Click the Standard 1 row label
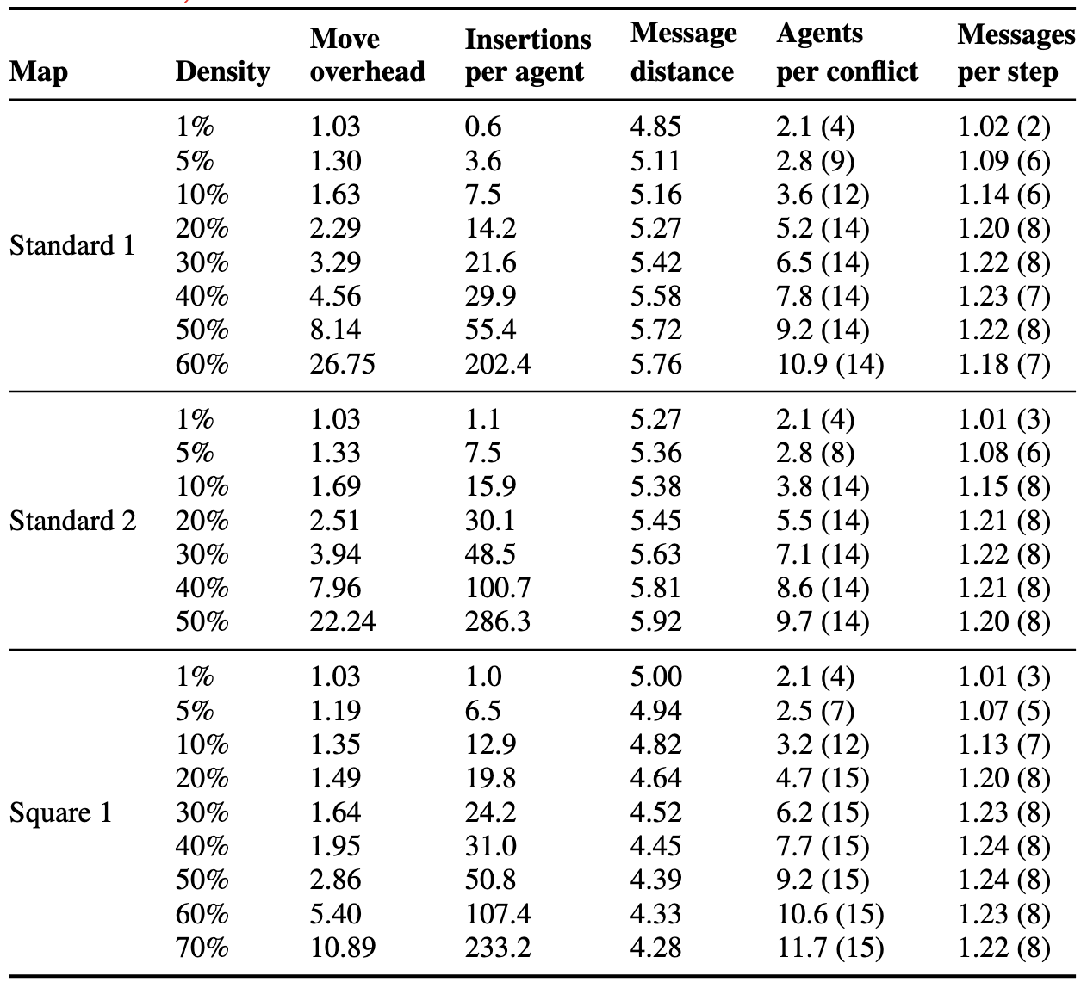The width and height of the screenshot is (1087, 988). (72, 245)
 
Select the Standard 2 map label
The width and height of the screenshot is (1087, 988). (72, 521)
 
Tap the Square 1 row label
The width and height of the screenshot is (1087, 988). (60, 812)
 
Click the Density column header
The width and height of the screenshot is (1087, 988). (223, 72)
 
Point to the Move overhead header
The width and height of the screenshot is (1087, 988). (368, 55)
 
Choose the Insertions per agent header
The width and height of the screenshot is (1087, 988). (528, 56)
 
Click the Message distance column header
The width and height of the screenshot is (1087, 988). (683, 52)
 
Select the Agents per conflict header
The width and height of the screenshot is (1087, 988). (847, 53)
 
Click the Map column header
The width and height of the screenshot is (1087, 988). (39, 72)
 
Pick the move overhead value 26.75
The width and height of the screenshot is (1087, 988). (343, 363)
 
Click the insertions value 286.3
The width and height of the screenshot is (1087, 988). (498, 621)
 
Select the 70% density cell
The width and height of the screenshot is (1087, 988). (202, 948)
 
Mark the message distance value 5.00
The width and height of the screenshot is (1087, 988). (655, 676)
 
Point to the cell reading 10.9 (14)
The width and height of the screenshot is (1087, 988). (830, 363)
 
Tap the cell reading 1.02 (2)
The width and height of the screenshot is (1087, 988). (1004, 127)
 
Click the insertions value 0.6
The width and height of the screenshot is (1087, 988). (483, 127)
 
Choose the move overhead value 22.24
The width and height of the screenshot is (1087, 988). (343, 621)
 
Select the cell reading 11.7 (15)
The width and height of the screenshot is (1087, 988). (830, 948)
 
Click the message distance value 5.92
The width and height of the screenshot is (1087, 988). (655, 621)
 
